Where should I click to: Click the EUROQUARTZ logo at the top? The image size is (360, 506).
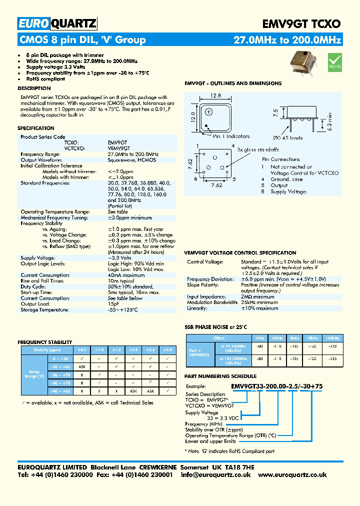tap(57, 23)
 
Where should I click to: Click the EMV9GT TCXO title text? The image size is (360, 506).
tap(301, 23)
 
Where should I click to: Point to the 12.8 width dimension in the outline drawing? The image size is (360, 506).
tap(215, 95)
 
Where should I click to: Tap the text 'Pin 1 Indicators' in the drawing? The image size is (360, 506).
tap(231, 136)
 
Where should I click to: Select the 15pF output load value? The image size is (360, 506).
tap(113, 304)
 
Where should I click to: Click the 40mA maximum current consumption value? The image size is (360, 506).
tap(126, 275)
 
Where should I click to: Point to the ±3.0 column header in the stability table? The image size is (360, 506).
tap(168, 350)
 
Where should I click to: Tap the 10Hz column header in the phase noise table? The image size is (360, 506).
tap(259, 338)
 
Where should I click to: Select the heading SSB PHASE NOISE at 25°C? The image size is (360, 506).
tap(216, 327)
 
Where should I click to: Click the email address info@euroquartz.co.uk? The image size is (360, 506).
tap(215, 475)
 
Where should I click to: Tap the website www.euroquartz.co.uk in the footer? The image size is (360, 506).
tap(292, 475)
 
